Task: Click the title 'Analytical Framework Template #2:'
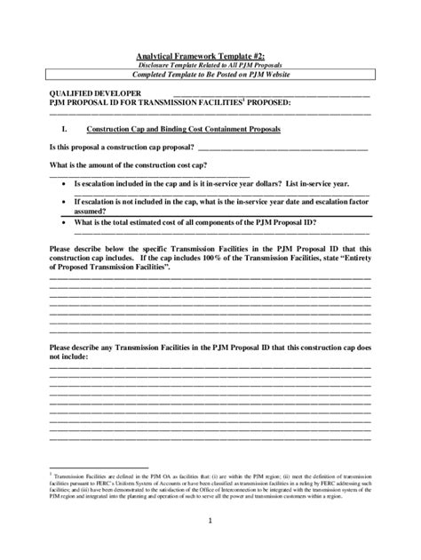pyautogui.click(x=210, y=55)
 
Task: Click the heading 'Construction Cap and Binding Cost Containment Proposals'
pyautogui.click(x=200, y=130)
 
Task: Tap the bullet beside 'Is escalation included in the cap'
pyautogui.click(x=64, y=184)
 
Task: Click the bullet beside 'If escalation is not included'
pyautogui.click(x=64, y=204)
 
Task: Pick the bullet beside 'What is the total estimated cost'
pyautogui.click(x=64, y=223)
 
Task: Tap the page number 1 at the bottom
pyautogui.click(x=210, y=520)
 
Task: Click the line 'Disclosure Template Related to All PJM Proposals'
pyautogui.click(x=210, y=66)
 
